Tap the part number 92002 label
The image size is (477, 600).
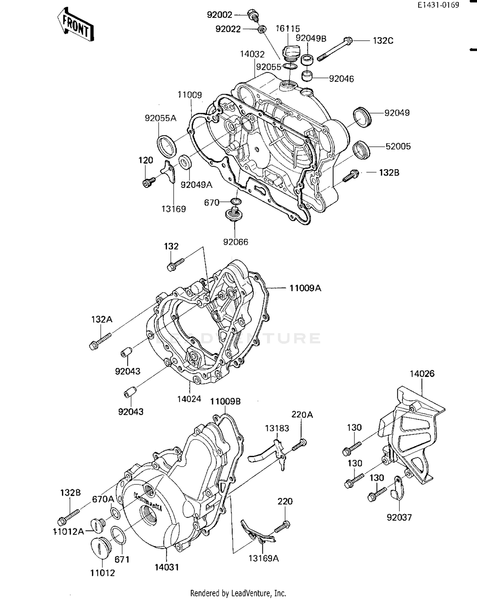pyautogui.click(x=219, y=15)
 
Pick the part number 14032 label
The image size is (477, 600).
pyautogui.click(x=252, y=54)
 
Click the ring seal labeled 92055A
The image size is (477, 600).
pyautogui.click(x=167, y=146)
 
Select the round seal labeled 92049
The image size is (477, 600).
pyautogui.click(x=362, y=118)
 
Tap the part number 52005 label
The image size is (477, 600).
pyautogui.click(x=398, y=146)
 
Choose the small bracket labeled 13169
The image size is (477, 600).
pyautogui.click(x=169, y=171)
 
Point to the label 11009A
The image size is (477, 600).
pyautogui.click(x=305, y=288)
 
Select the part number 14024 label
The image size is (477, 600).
pyautogui.click(x=189, y=399)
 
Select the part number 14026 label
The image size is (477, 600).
pyautogui.click(x=422, y=374)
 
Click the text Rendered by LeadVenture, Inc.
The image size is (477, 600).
pyautogui.click(x=238, y=593)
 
